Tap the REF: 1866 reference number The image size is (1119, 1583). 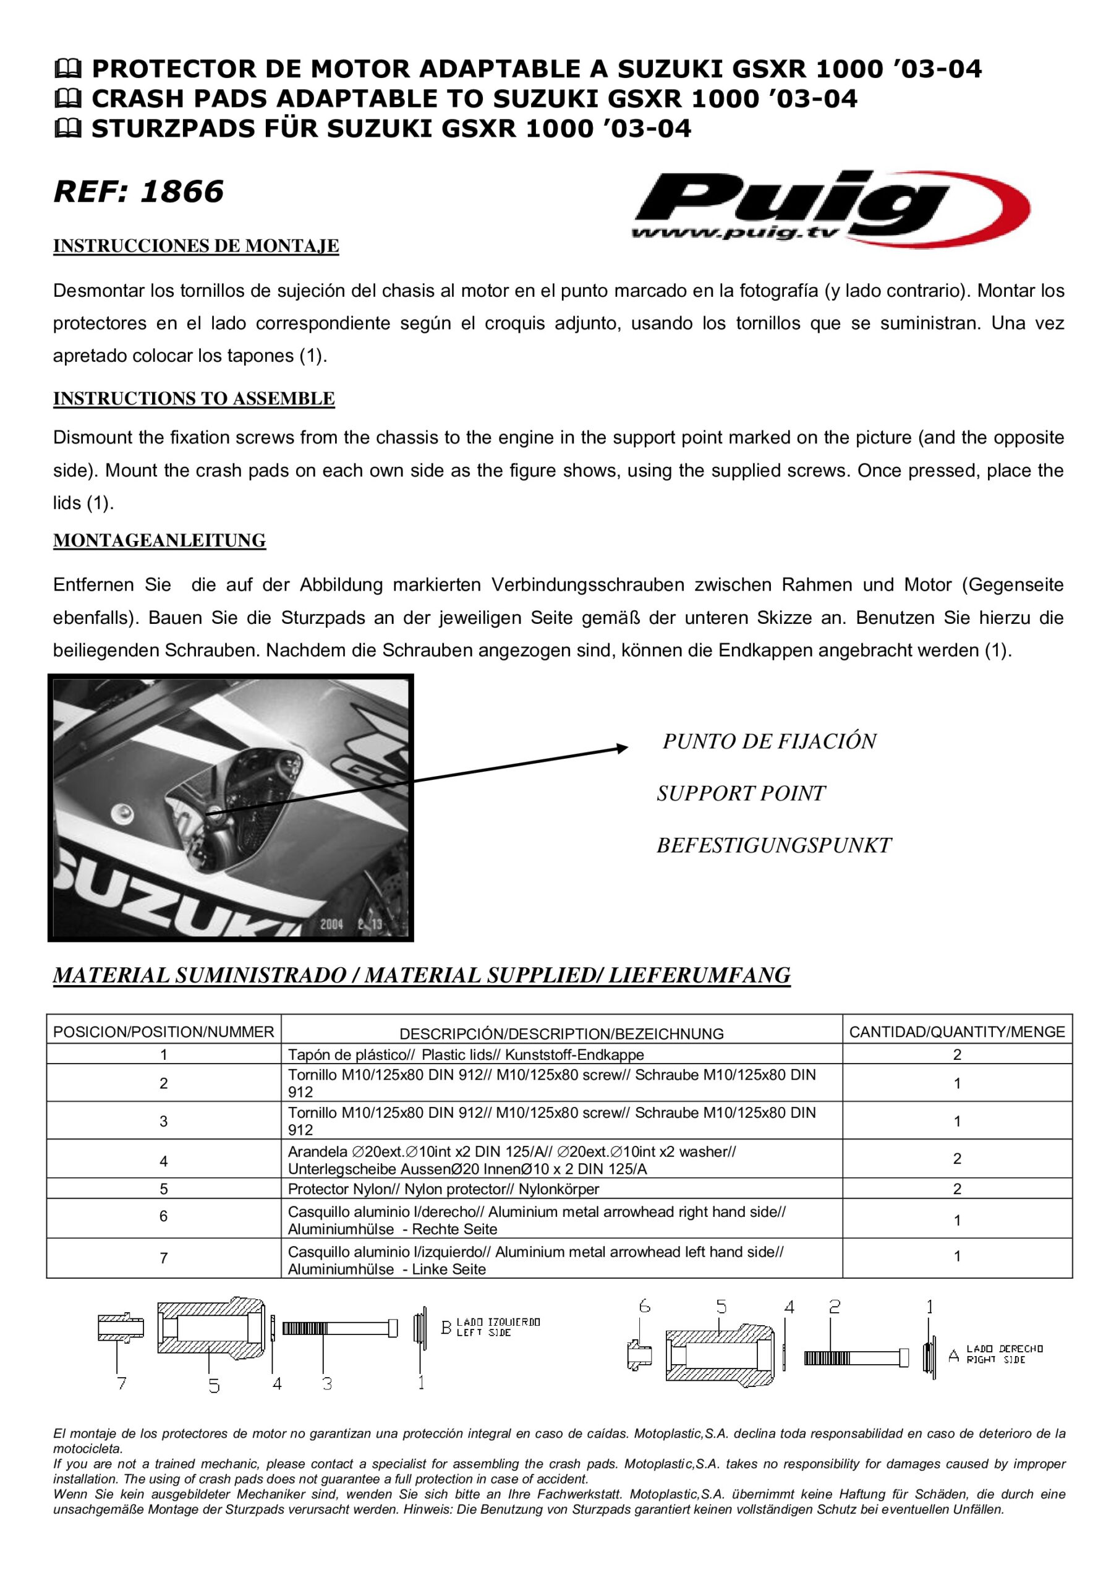[x=138, y=191]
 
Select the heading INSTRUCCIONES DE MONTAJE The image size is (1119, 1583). [x=196, y=246]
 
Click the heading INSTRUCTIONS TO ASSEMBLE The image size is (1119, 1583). [x=194, y=398]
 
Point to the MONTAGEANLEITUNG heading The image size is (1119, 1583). [x=160, y=540]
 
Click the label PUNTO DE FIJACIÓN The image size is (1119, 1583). [x=768, y=741]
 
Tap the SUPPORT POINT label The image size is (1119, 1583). [x=741, y=793]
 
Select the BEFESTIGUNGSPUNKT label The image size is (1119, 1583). [x=773, y=845]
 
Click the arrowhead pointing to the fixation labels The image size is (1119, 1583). [x=622, y=748]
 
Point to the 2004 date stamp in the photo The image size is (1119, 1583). [x=331, y=924]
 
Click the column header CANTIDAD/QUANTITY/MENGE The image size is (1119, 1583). [x=956, y=1031]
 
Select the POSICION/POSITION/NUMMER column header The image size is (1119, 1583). [x=163, y=1031]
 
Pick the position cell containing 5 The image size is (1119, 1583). [x=163, y=1188]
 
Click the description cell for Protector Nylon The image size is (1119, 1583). [x=443, y=1188]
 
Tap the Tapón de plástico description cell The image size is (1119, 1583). [x=466, y=1054]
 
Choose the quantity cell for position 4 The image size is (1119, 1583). [x=956, y=1158]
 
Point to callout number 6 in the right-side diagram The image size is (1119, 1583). [x=645, y=1306]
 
